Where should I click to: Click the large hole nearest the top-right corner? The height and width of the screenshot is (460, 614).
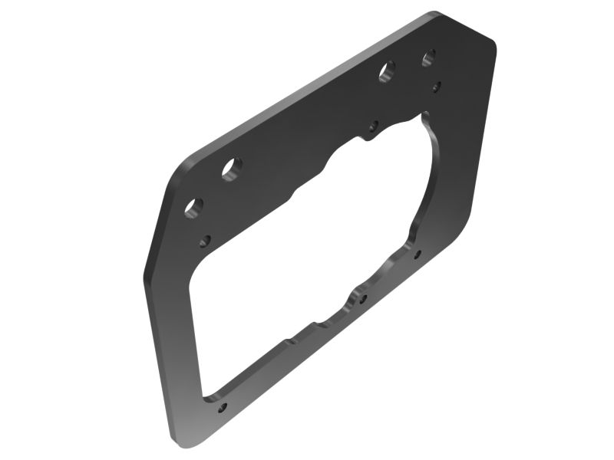pyautogui.click(x=428, y=57)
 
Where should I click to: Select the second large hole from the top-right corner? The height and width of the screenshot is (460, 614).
pyautogui.click(x=385, y=72)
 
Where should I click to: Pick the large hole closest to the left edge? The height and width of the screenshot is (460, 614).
pyautogui.click(x=194, y=207)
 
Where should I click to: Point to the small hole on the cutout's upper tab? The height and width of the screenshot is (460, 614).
pyautogui.click(x=374, y=126)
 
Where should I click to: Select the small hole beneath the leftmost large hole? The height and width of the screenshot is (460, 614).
pyautogui.click(x=205, y=241)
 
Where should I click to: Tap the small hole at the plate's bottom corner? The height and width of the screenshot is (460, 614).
pyautogui.click(x=223, y=407)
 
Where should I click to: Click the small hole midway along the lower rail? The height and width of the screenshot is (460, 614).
pyautogui.click(x=363, y=299)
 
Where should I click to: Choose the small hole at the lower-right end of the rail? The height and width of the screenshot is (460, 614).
pyautogui.click(x=418, y=253)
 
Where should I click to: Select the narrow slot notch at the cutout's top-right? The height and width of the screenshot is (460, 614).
pyautogui.click(x=424, y=117)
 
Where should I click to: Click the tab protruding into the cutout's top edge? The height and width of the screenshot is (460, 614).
pyautogui.click(x=371, y=136)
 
